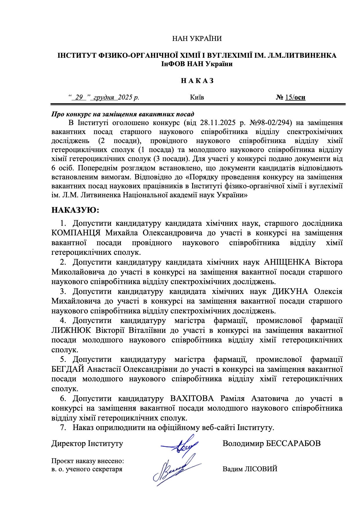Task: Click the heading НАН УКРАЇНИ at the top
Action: [x=197, y=39]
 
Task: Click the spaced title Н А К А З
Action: [x=197, y=81]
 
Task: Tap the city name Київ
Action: [x=197, y=97]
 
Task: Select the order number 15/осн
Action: [x=295, y=97]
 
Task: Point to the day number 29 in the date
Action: [x=79, y=97]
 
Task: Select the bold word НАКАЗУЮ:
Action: [x=75, y=210]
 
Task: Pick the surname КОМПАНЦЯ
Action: [x=76, y=233]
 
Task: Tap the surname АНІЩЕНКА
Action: [x=287, y=262]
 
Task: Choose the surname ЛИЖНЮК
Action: [x=71, y=330]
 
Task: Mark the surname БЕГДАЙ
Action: [x=68, y=369]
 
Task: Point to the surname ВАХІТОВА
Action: [x=192, y=398]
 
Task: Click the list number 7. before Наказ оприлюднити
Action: [x=63, y=427]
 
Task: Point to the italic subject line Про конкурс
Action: [x=123, y=114]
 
